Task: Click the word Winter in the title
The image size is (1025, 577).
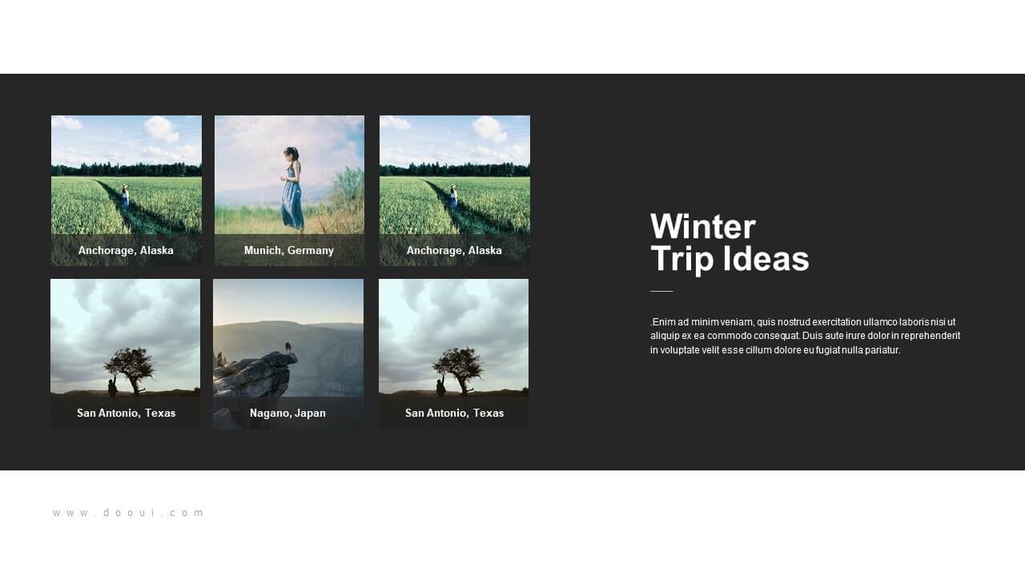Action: pyautogui.click(x=703, y=226)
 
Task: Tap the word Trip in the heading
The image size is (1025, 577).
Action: pyautogui.click(x=682, y=259)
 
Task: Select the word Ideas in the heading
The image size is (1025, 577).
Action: pyautogui.click(x=766, y=259)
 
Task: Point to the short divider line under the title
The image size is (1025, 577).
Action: pyautogui.click(x=661, y=291)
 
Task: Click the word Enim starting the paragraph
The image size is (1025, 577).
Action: pyautogui.click(x=661, y=322)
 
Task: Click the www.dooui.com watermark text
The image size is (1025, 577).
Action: pyautogui.click(x=128, y=513)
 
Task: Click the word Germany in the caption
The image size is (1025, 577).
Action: pyautogui.click(x=311, y=251)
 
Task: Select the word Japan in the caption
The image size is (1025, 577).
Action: pyautogui.click(x=310, y=413)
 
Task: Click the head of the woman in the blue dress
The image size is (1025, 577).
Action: pyautogui.click(x=291, y=153)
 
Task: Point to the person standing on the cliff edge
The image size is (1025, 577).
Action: pyautogui.click(x=288, y=348)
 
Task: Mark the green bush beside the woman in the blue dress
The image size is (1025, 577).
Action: pyautogui.click(x=347, y=192)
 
